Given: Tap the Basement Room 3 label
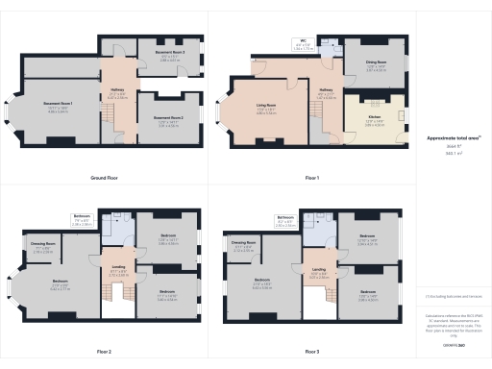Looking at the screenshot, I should click(x=173, y=52).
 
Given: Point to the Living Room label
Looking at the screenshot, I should click(x=266, y=107).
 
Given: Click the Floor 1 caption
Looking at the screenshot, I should click(x=310, y=179).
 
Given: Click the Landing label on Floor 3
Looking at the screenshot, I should click(x=317, y=269).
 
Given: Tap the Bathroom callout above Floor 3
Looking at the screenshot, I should click(x=285, y=217).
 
